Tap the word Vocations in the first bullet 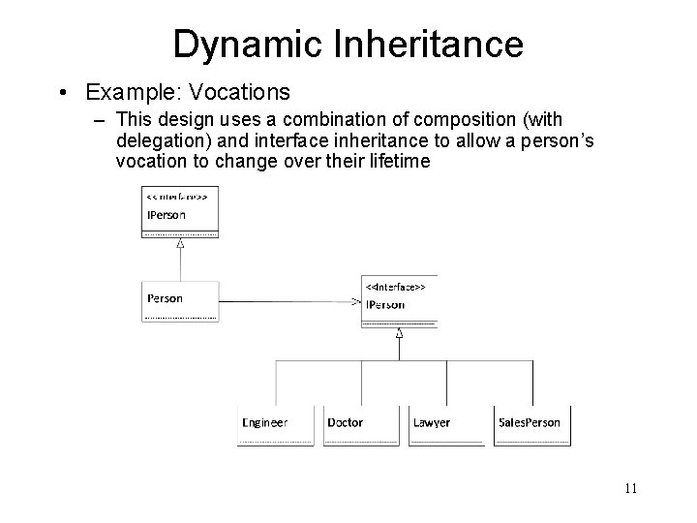coord(242,93)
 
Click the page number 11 coord(630,488)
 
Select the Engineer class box coord(275,425)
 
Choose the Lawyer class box coord(446,425)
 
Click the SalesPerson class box coord(531,425)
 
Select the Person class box coord(180,299)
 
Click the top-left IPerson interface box coord(180,210)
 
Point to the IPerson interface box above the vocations coord(399,301)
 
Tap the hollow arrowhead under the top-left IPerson coord(180,244)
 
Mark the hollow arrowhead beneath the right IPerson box coord(399,333)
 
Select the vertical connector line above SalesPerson coord(531,383)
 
